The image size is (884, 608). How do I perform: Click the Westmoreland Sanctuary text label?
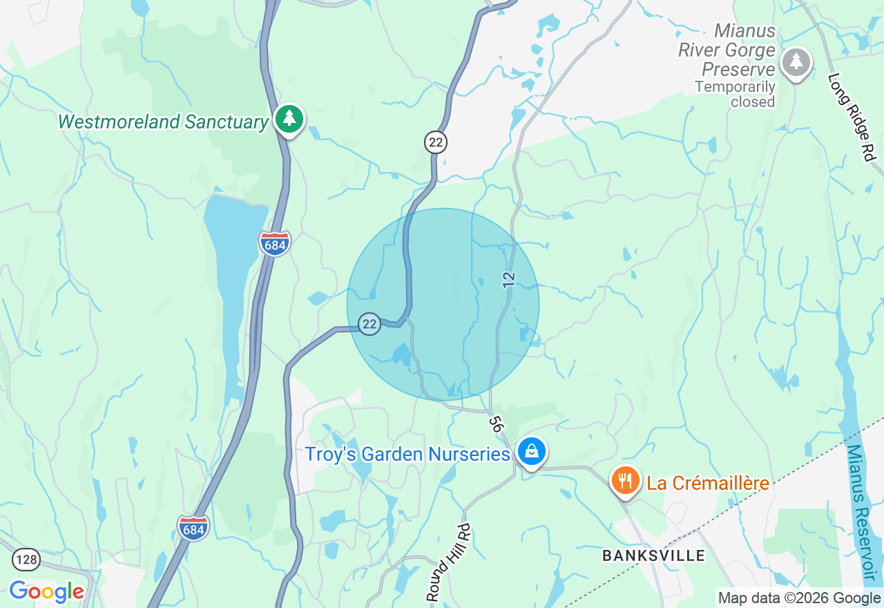click(163, 122)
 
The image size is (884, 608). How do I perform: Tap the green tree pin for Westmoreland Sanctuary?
click(289, 120)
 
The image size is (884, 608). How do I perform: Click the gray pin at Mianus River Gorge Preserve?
click(796, 63)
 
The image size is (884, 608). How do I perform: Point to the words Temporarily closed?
click(735, 95)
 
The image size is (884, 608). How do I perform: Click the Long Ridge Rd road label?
click(850, 117)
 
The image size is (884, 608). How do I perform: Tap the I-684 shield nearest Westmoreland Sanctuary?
click(275, 243)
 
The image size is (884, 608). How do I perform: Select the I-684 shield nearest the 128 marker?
click(193, 528)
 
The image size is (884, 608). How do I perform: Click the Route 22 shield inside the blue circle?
click(369, 323)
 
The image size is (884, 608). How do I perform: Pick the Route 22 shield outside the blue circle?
click(436, 142)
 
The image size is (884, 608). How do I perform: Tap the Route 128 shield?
click(26, 559)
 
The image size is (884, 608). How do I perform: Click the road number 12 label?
click(509, 279)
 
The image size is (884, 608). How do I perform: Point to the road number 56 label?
click(494, 424)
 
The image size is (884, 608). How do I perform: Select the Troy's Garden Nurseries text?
click(407, 455)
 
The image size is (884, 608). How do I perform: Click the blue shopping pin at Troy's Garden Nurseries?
click(531, 452)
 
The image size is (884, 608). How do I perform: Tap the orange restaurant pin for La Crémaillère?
click(625, 479)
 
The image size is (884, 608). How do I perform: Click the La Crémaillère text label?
click(708, 483)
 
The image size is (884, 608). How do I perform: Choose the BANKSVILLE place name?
click(653, 555)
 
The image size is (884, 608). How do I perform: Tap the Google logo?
click(46, 592)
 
